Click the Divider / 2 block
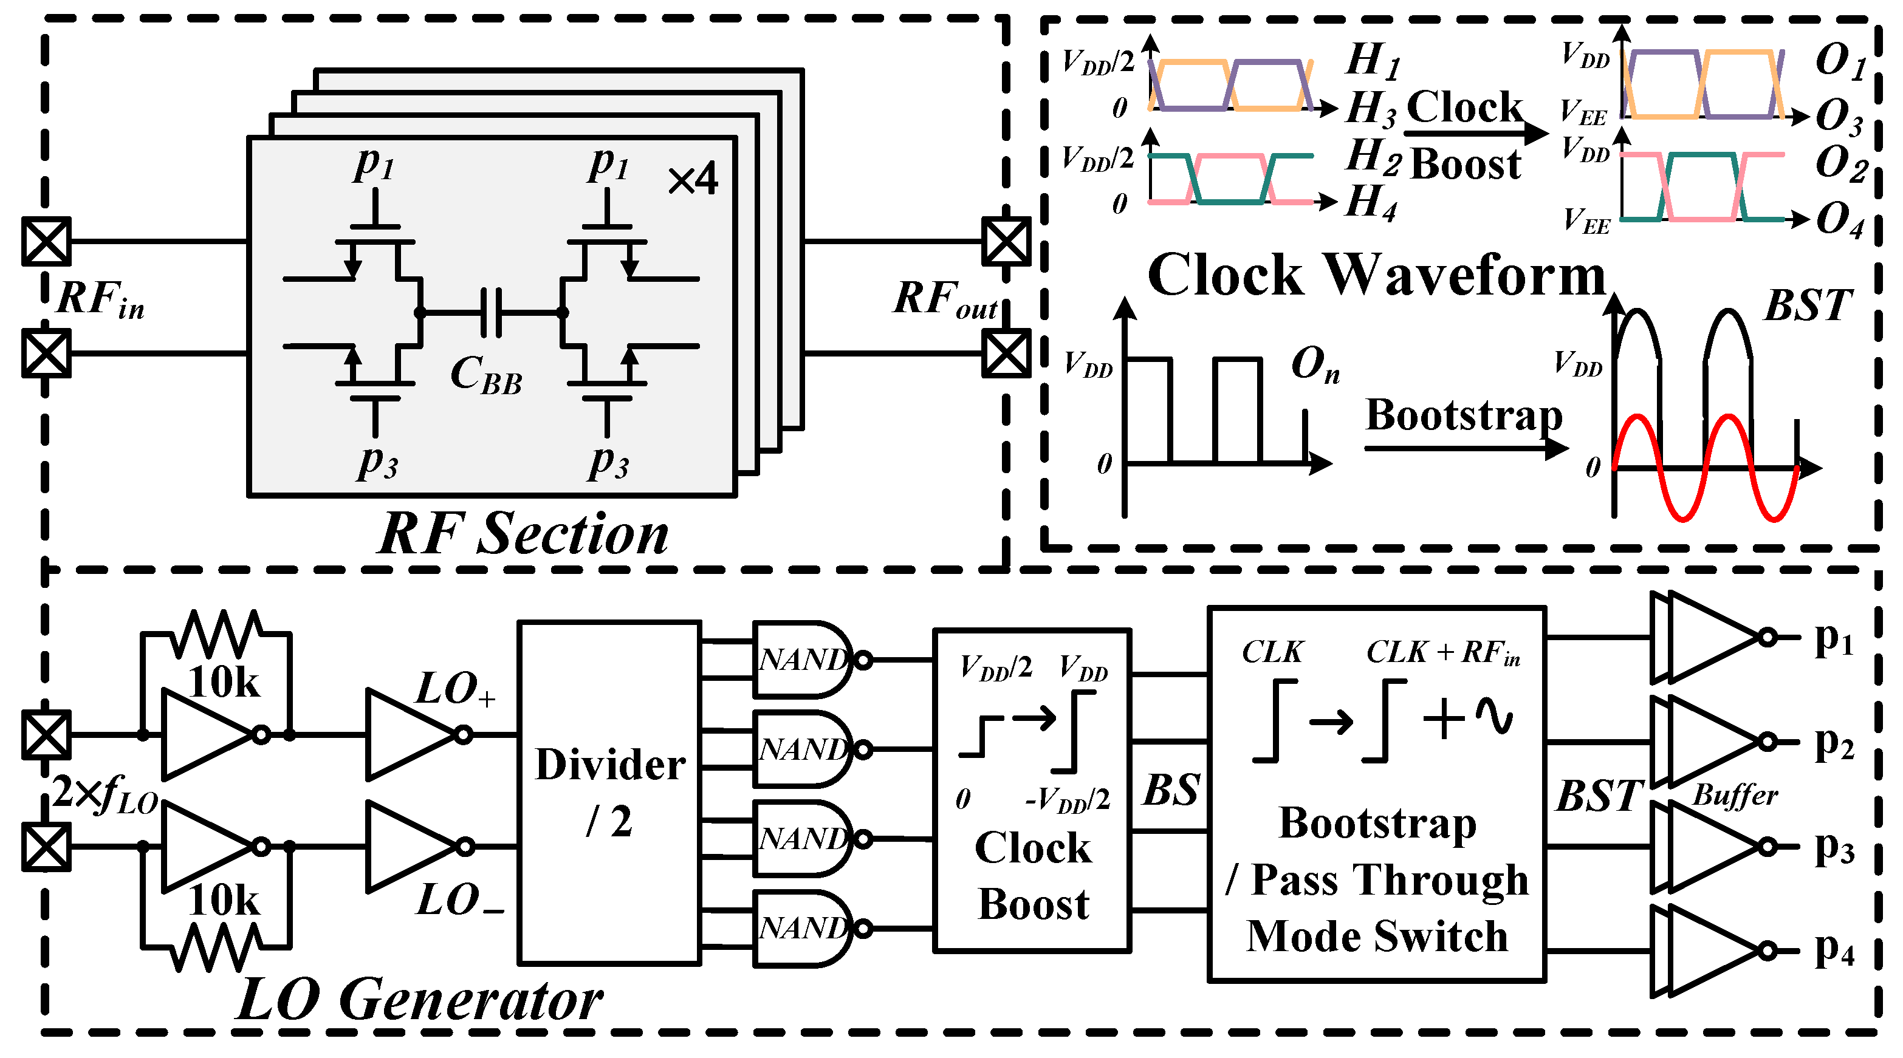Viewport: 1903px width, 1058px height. (609, 793)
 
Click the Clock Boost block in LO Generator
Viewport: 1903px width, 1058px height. (1032, 790)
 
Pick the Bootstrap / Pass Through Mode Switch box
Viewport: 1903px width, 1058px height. (1376, 794)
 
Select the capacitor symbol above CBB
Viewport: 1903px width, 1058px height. (492, 312)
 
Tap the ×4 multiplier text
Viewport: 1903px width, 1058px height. (692, 179)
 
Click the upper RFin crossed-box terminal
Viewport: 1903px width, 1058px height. (46, 241)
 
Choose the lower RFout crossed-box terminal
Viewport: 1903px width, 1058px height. (1006, 353)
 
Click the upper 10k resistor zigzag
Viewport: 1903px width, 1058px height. (216, 633)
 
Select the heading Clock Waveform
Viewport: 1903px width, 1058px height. (1376, 275)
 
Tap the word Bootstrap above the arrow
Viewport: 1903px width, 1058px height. (1464, 415)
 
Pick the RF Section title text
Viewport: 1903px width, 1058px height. (523, 533)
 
